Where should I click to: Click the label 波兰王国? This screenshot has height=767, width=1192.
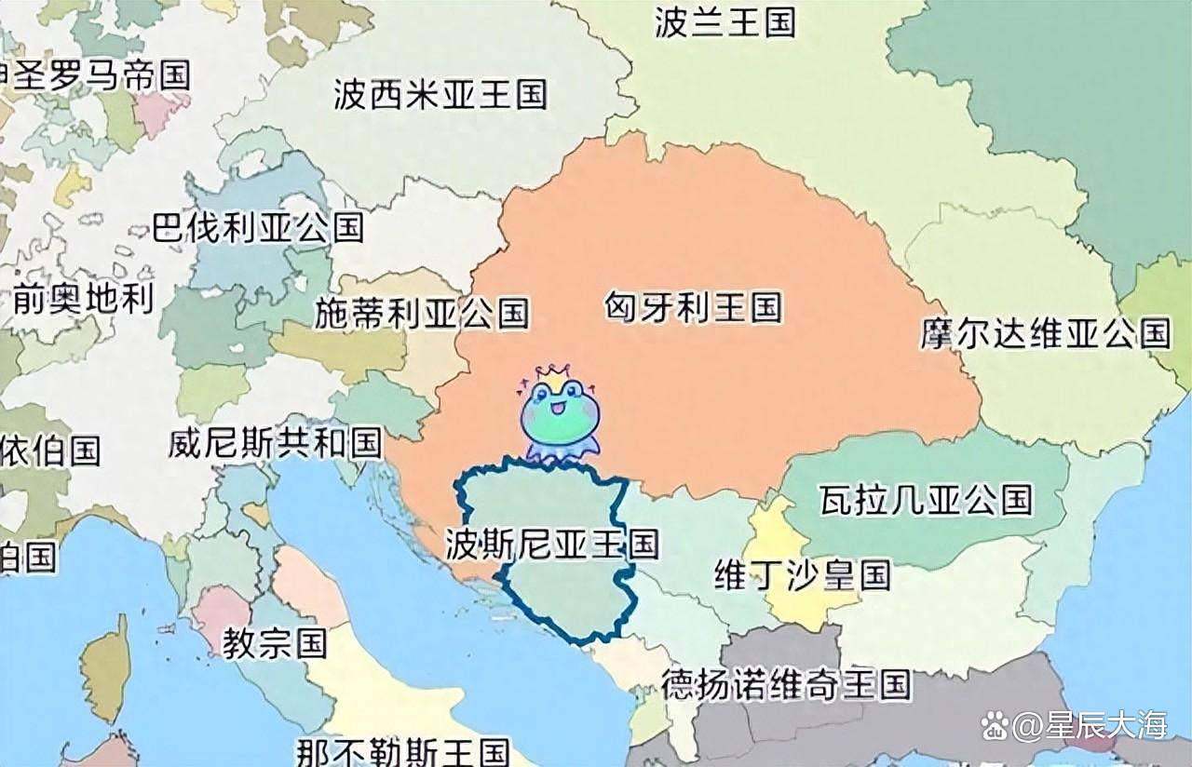pyautogui.click(x=725, y=21)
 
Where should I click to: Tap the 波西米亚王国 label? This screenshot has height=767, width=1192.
pyautogui.click(x=440, y=94)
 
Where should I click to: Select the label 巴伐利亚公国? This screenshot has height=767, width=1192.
pyautogui.click(x=257, y=226)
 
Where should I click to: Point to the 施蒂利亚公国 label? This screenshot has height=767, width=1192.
pyautogui.click(x=421, y=313)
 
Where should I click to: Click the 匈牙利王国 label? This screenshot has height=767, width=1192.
pyautogui.click(x=693, y=306)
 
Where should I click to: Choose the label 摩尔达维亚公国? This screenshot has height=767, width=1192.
pyautogui.click(x=1045, y=333)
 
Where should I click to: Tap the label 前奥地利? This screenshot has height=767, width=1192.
pyautogui.click(x=83, y=299)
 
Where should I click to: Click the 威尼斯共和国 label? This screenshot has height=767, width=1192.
pyautogui.click(x=275, y=442)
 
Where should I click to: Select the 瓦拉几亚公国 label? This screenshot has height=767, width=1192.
pyautogui.click(x=926, y=500)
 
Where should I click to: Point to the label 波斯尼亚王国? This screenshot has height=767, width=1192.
pyautogui.click(x=551, y=544)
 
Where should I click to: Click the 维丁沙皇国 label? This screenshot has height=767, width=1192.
pyautogui.click(x=802, y=574)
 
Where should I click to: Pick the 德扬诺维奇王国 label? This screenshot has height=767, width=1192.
pyautogui.click(x=786, y=685)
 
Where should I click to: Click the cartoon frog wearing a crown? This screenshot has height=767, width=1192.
pyautogui.click(x=560, y=418)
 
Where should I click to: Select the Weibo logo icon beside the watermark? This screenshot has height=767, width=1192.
pyautogui.click(x=996, y=724)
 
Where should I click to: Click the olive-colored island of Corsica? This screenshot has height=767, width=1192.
pyautogui.click(x=106, y=666)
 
